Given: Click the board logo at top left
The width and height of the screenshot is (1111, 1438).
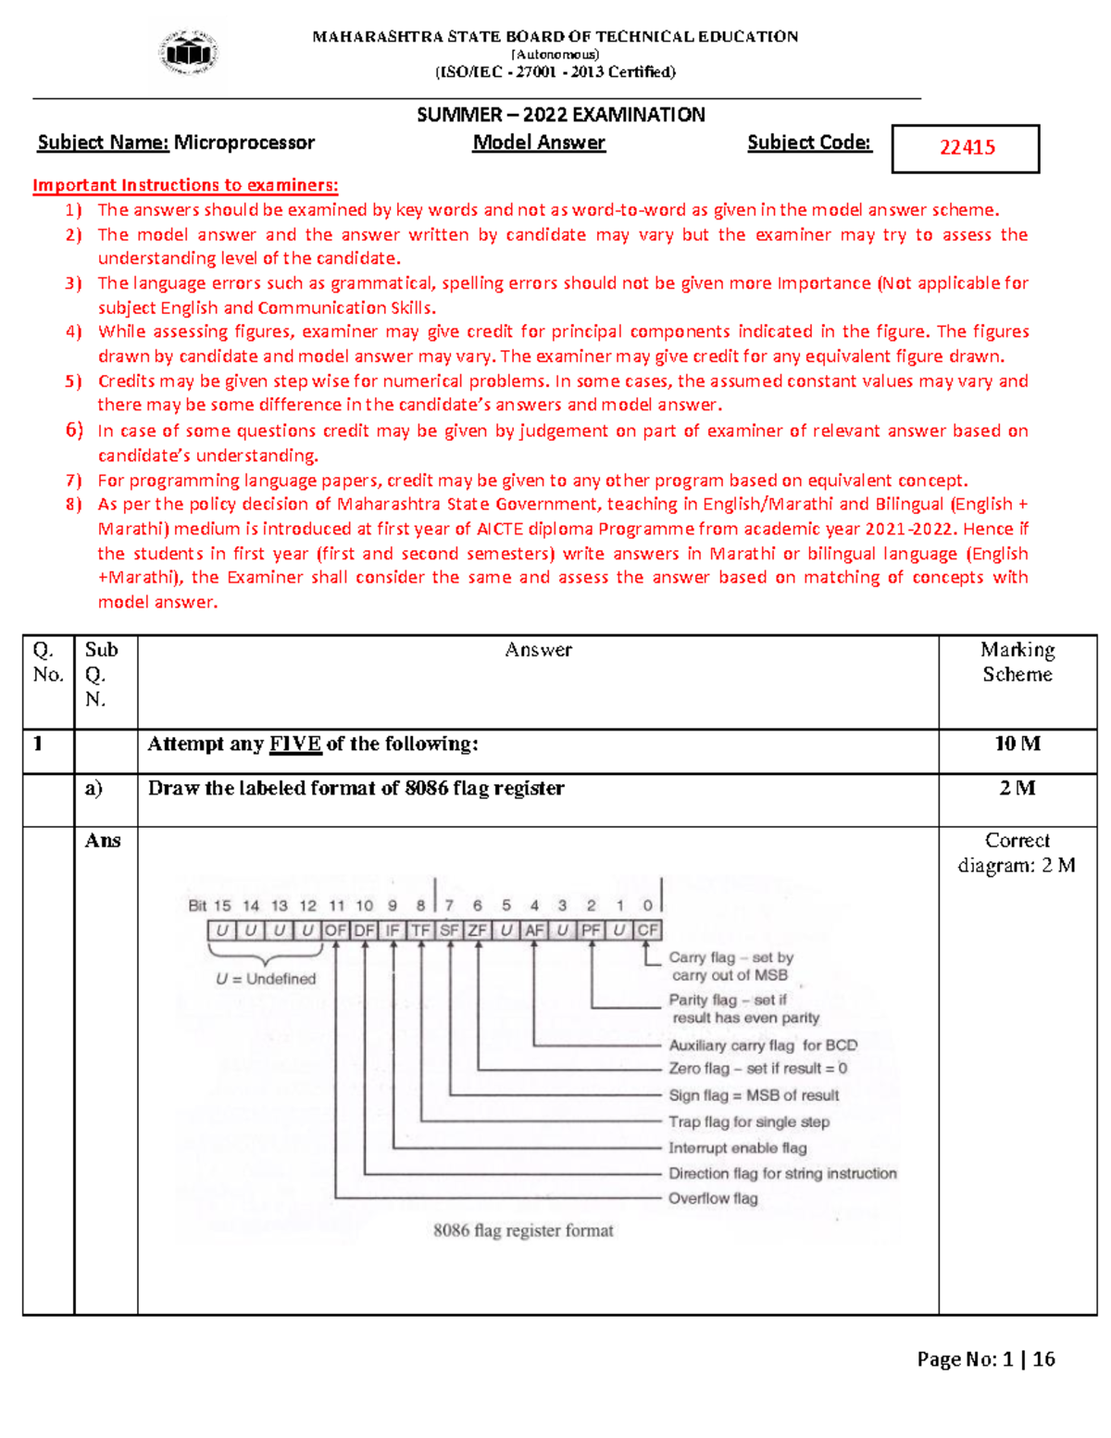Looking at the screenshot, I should (x=189, y=53).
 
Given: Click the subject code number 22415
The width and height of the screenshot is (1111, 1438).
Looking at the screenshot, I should (x=967, y=148).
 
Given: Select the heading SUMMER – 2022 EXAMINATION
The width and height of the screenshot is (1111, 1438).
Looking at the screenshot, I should (x=560, y=115).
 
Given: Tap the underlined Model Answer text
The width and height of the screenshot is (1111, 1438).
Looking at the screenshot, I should (x=539, y=143).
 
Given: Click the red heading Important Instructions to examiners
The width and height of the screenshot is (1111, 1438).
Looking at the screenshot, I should (x=185, y=185).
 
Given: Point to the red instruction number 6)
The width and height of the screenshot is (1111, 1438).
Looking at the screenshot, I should (x=74, y=430).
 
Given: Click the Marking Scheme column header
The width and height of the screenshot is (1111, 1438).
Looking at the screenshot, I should (x=1017, y=662).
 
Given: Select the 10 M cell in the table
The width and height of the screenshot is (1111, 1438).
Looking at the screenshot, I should (x=1017, y=744).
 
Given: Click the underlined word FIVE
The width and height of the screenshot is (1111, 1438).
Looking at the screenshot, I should (x=295, y=744).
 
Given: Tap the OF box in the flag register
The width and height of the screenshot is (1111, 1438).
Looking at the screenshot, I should (x=335, y=930).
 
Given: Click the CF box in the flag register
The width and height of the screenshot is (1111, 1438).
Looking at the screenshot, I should (x=647, y=930).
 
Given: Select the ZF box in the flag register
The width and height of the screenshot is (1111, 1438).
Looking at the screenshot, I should (x=477, y=930).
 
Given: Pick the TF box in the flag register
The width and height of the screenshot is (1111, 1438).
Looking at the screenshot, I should (x=420, y=930).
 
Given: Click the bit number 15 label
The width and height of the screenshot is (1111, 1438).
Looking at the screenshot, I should (x=222, y=906).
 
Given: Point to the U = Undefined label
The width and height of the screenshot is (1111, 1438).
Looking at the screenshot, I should (x=266, y=979).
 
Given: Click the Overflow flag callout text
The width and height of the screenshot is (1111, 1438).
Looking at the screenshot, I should (x=713, y=1198).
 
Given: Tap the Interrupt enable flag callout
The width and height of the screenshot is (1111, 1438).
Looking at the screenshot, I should (x=737, y=1148).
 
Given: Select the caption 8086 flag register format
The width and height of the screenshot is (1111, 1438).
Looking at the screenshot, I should (x=523, y=1231).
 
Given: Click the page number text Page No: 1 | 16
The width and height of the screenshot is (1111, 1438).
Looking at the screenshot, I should (x=985, y=1359).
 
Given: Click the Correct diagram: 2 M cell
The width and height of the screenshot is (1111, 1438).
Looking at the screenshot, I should (x=1017, y=853).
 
